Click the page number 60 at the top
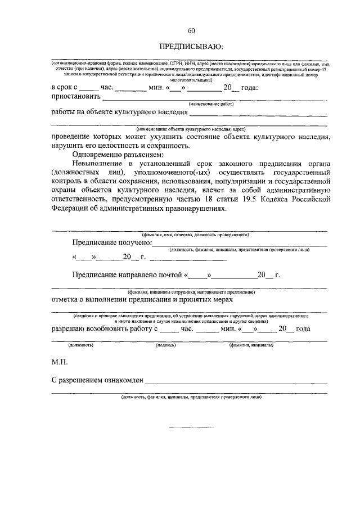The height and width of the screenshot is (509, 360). pos(191,30)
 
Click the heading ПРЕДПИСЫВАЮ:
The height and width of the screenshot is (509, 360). pos(191,46)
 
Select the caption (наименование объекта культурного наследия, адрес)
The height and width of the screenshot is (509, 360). pos(191,129)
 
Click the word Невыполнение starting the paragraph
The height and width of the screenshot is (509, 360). pos(100,164)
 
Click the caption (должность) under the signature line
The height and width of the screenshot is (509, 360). pos(81,345)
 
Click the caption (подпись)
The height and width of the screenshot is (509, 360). pos(166,345)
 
